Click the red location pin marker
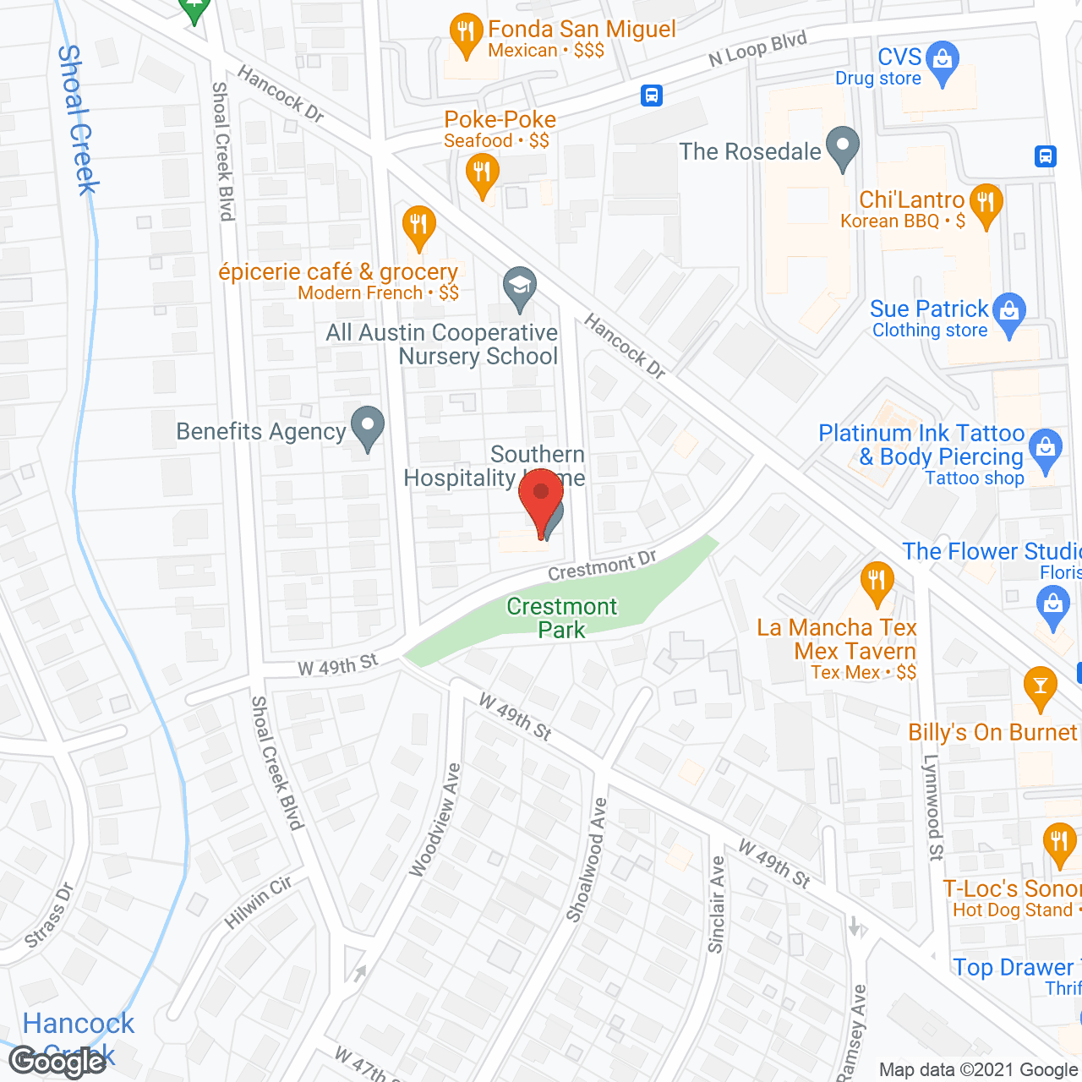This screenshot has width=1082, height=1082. click(x=541, y=499)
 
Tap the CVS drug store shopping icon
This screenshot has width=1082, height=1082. click(x=942, y=61)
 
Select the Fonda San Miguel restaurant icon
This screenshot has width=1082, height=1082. click(x=465, y=35)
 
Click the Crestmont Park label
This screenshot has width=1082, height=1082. click(x=562, y=618)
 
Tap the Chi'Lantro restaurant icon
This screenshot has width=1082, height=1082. click(x=986, y=204)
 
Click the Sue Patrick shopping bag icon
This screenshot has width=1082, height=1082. click(x=1008, y=312)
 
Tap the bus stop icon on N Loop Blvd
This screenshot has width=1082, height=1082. click(x=651, y=95)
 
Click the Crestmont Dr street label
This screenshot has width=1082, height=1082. click(x=602, y=566)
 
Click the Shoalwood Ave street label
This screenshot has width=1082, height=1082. click(x=587, y=859)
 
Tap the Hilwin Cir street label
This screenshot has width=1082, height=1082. click(x=259, y=903)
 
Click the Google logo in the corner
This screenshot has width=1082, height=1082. click(x=57, y=1060)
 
